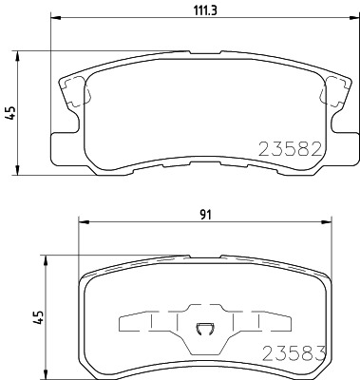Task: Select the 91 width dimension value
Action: click(206, 215)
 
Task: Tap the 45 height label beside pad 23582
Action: click(10, 111)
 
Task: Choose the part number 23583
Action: click(294, 352)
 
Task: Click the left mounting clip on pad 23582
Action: click(71, 93)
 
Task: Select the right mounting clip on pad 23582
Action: click(333, 93)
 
